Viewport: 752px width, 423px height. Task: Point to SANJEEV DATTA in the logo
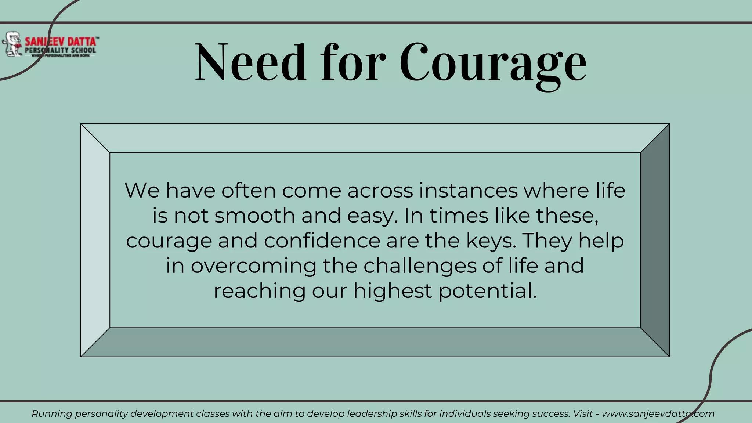(x=61, y=41)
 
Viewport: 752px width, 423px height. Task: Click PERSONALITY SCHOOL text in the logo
(x=61, y=50)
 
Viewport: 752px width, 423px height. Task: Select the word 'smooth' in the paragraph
(x=255, y=216)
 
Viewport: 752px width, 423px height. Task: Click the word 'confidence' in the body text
(x=322, y=241)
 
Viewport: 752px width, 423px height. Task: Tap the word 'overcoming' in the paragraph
(x=253, y=266)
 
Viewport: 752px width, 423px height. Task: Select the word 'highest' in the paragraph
(x=393, y=291)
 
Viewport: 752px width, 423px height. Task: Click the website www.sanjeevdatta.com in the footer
(x=658, y=414)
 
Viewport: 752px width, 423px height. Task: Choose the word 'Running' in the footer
(x=52, y=414)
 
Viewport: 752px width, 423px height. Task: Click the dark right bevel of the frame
(x=655, y=240)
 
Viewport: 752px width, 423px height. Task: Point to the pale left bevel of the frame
(x=95, y=240)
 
